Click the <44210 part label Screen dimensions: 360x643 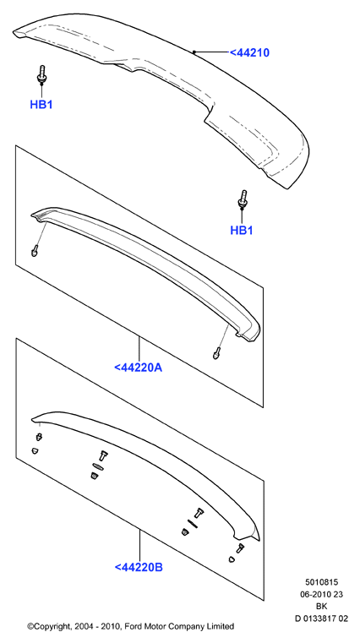point(249,52)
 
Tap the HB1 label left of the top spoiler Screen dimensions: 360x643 point(41,105)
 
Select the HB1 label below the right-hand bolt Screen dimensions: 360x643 point(242,231)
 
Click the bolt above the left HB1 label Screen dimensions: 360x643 point(41,74)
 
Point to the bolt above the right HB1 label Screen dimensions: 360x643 point(243,199)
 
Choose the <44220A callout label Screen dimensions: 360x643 point(139,368)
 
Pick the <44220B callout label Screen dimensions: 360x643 point(139,567)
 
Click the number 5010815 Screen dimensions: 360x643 point(321,582)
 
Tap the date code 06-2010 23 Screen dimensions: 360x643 point(321,595)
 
